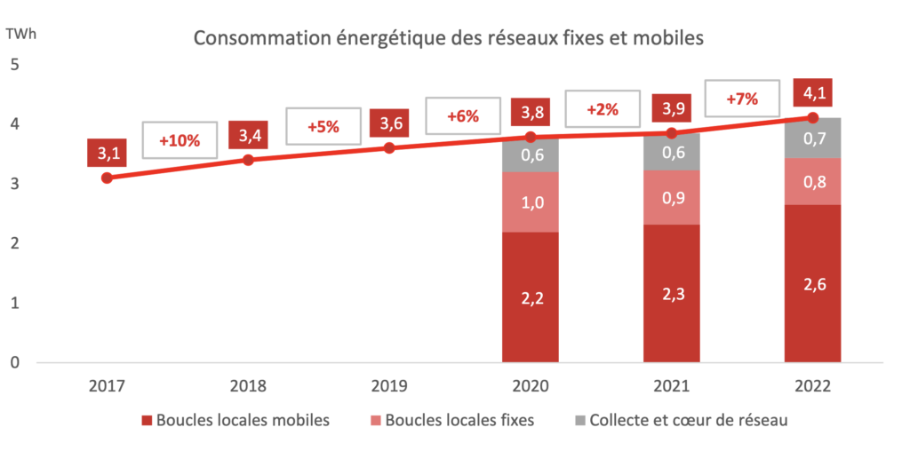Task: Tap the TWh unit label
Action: [x=19, y=35]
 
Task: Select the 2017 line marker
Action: [x=108, y=178]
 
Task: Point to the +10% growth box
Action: [x=179, y=140]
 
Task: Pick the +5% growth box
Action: [x=323, y=126]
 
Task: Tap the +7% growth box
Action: [x=742, y=99]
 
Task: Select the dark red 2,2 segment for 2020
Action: [x=531, y=297]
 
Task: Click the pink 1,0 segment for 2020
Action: [x=531, y=202]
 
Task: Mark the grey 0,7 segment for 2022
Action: [x=812, y=138]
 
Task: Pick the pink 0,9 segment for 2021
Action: [x=671, y=197]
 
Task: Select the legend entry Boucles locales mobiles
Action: [x=235, y=421]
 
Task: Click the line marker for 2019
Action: [x=389, y=147]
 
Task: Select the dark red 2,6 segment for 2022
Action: [x=812, y=283]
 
